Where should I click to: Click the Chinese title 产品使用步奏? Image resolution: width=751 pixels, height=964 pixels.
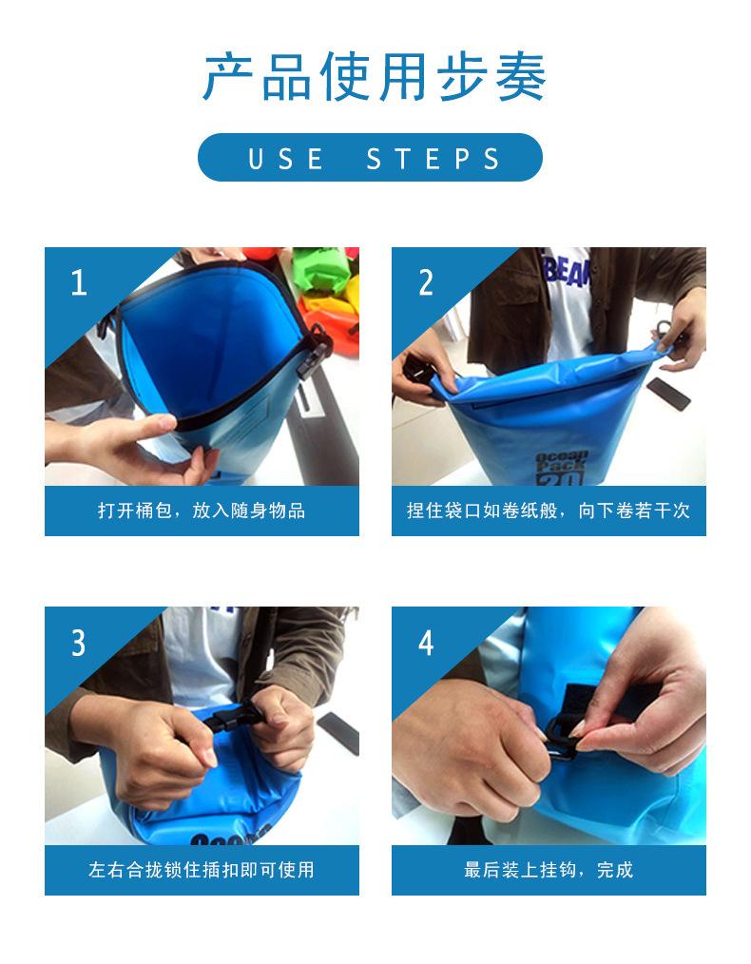coord(375,77)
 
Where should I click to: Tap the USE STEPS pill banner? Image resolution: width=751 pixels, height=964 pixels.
coord(370,158)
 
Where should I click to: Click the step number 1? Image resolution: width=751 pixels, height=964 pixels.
coord(79,282)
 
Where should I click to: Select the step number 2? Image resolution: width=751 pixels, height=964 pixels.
coord(426,282)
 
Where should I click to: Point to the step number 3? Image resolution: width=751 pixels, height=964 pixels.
coord(79,643)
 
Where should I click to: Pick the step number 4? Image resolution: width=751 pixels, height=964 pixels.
coord(426,643)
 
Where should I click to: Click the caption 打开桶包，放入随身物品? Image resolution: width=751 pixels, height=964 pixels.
coord(202,511)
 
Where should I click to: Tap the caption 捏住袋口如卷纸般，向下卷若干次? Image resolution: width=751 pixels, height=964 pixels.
coord(549,511)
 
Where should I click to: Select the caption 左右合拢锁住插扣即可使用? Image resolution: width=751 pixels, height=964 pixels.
coord(202,869)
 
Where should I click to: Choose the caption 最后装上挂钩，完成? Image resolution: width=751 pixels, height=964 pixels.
coord(549,869)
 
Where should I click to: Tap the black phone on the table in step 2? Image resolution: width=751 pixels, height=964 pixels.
coord(668,394)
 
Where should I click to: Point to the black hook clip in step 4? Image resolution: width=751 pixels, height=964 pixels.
coord(563,736)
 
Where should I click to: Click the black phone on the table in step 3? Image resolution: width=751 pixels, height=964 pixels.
coord(338,732)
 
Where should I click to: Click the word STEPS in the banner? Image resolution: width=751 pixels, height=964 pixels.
coord(433,159)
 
